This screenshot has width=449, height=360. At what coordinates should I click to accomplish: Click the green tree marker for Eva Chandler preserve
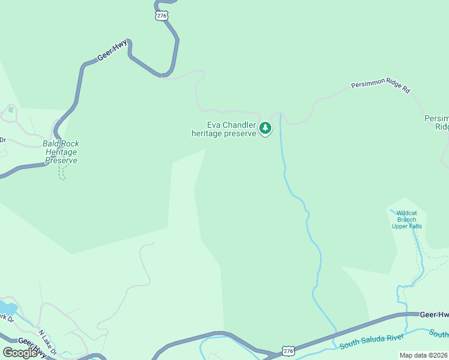pyautogui.click(x=265, y=128)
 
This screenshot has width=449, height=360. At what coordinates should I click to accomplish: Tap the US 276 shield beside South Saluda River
pyautogui.click(x=288, y=350)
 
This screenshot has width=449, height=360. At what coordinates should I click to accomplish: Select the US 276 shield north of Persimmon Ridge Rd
pyautogui.click(x=161, y=16)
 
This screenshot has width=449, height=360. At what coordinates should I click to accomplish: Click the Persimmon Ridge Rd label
pyautogui.click(x=381, y=87)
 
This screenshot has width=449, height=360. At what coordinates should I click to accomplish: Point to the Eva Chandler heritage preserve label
pyautogui.click(x=224, y=129)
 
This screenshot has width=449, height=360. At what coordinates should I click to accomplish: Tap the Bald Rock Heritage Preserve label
pyautogui.click(x=61, y=152)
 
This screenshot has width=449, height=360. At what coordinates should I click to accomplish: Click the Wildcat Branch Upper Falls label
pyautogui.click(x=407, y=219)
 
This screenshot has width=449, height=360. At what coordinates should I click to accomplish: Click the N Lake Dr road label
pyautogui.click(x=47, y=341)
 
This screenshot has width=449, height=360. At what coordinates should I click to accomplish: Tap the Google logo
pyautogui.click(x=20, y=353)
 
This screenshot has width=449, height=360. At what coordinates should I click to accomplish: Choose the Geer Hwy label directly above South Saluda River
pyautogui.click(x=433, y=314)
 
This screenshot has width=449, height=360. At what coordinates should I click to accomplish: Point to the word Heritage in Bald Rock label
pyautogui.click(x=61, y=152)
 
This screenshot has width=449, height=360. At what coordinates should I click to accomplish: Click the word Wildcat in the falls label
pyautogui.click(x=407, y=212)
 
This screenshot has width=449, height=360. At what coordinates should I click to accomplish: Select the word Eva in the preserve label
pyautogui.click(x=214, y=125)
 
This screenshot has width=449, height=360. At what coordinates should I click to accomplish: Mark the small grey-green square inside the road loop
pyautogui.click(x=10, y=110)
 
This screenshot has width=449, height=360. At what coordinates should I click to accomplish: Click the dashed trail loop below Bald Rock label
pyautogui.click(x=61, y=172)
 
